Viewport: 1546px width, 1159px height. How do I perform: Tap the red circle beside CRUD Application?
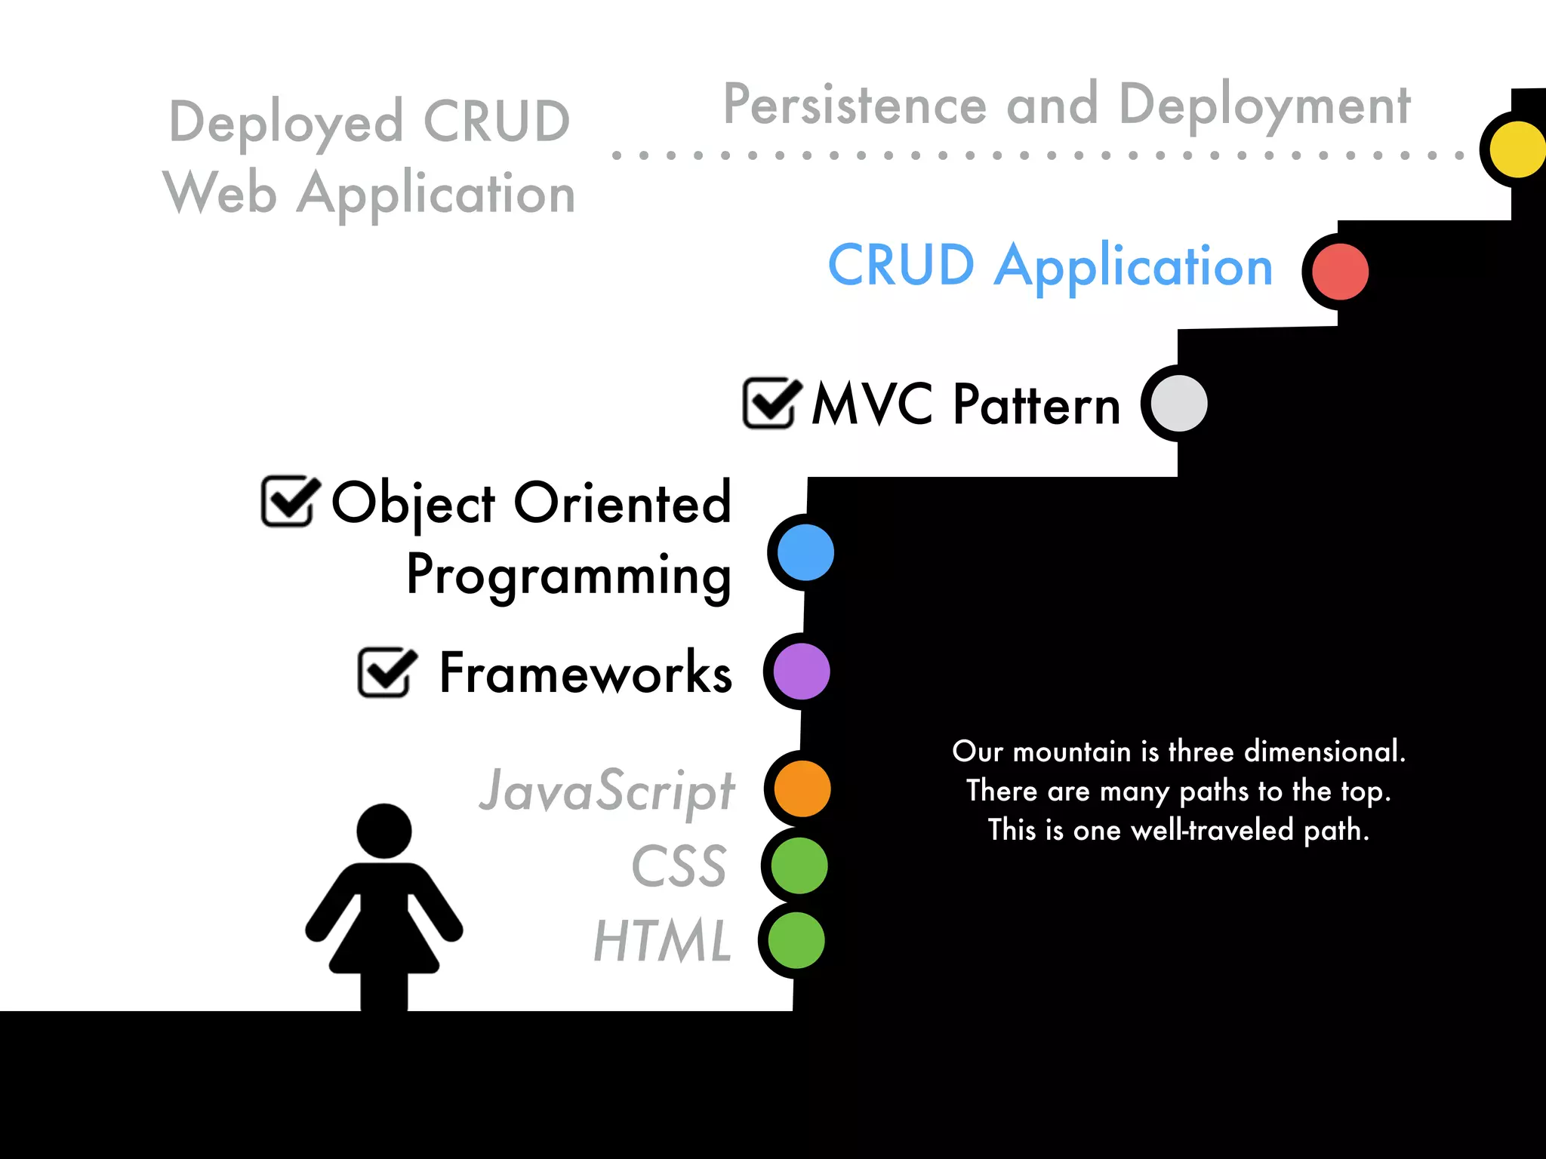pyautogui.click(x=1340, y=272)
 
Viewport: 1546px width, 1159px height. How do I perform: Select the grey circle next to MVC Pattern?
pyautogui.click(x=1179, y=403)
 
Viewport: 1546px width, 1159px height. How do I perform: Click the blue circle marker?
pyautogui.click(x=805, y=552)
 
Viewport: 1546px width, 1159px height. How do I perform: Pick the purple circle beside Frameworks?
pyautogui.click(x=802, y=671)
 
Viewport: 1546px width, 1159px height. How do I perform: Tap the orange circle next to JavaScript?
pyautogui.click(x=802, y=789)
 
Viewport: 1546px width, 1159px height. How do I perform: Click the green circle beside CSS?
pyautogui.click(x=799, y=865)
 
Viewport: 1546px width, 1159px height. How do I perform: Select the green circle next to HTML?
pyautogui.click(x=796, y=940)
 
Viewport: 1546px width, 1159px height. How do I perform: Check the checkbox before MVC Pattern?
pyautogui.click(x=769, y=403)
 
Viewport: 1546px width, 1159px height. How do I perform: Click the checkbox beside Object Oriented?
pyautogui.click(x=288, y=501)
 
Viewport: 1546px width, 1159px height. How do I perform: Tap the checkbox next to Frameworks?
pyautogui.click(x=384, y=672)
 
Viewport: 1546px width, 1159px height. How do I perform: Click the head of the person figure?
pyautogui.click(x=383, y=831)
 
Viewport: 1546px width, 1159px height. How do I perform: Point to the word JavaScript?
pyautogui.click(x=606, y=791)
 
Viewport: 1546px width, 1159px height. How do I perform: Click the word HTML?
pyautogui.click(x=663, y=941)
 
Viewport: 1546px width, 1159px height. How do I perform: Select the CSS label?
pyautogui.click(x=679, y=866)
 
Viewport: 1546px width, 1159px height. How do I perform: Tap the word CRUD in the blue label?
pyautogui.click(x=901, y=266)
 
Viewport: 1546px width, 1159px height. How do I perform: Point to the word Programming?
pyautogui.click(x=568, y=575)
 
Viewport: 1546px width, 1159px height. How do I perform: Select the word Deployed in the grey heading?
pyautogui.click(x=286, y=122)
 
